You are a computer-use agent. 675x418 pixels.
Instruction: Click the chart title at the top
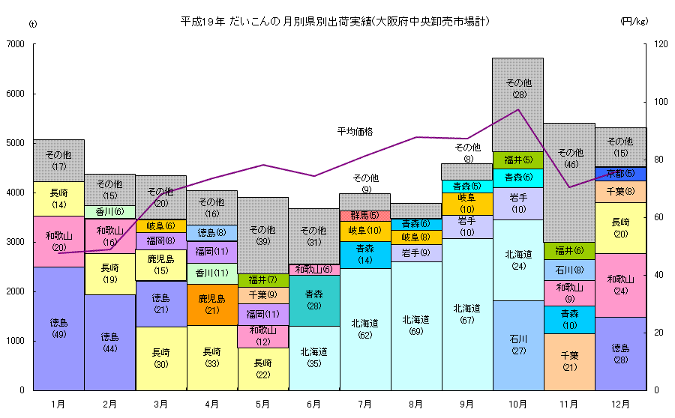point(335,22)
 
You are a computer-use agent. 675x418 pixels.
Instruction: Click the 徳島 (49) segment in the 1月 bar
point(58,328)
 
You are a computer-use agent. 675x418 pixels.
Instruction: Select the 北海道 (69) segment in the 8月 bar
point(415,325)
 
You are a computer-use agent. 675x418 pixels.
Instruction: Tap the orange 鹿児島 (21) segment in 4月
point(212,304)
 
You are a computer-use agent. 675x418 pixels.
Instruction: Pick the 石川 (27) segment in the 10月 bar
point(517,345)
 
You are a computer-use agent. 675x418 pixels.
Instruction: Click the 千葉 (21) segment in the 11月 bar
point(568,361)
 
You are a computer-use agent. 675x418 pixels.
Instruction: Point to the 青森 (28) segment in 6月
point(313,300)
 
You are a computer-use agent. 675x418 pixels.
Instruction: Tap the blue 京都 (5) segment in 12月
point(620,174)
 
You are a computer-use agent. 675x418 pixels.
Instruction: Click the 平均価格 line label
point(355,132)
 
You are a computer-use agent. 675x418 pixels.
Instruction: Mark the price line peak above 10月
point(518,109)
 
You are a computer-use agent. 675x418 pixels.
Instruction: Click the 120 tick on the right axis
point(660,45)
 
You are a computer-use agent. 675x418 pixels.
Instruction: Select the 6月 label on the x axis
point(313,404)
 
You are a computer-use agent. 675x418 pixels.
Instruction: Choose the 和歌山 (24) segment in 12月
point(620,285)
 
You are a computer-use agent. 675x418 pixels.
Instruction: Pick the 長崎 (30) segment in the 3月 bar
point(160,358)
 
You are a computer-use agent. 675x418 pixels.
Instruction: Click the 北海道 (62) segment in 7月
point(364,329)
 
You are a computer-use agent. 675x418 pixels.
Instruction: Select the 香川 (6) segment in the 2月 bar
point(109,212)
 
